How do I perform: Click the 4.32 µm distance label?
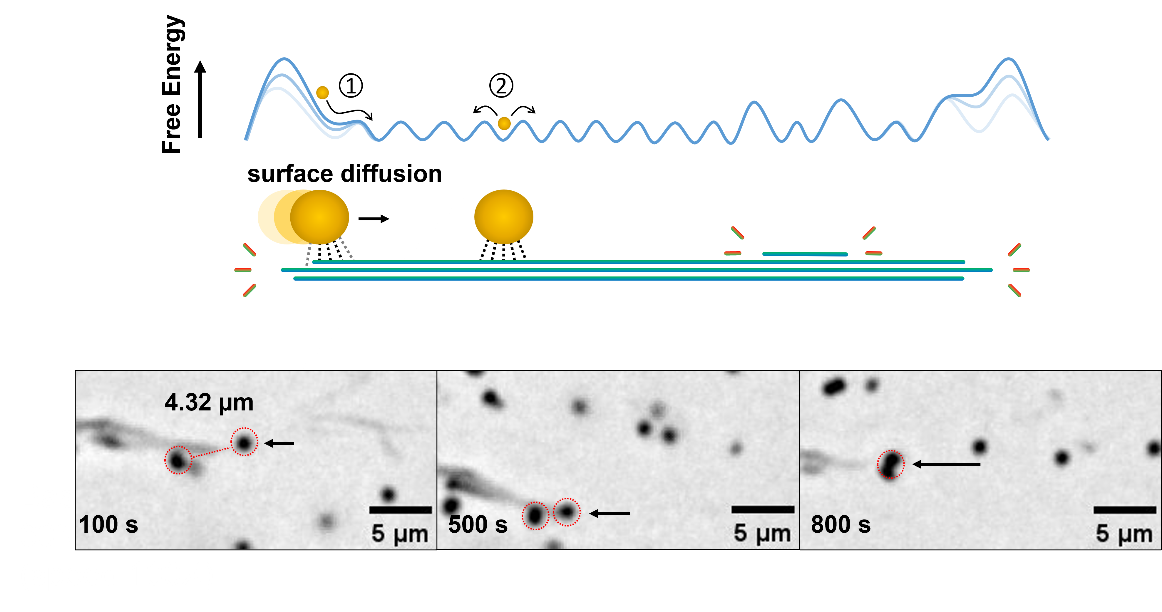coord(209,403)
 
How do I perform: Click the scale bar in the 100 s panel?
coord(400,510)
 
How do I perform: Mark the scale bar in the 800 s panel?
coord(1125,510)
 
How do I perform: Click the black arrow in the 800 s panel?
coord(946,464)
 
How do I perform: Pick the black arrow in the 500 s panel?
coord(610,513)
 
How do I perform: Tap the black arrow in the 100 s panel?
coord(279,443)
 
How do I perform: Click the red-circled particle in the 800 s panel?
coord(890,465)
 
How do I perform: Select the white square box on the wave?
coord(464,149)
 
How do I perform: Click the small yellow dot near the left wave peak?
coord(322,93)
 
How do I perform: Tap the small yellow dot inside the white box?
coord(504,123)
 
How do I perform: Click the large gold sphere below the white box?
coord(503,217)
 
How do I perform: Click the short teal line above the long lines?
coord(805,254)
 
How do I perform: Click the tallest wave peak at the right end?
coord(1008,60)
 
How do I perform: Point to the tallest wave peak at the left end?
coord(284,60)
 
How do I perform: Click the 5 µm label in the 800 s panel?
coord(1124,534)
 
